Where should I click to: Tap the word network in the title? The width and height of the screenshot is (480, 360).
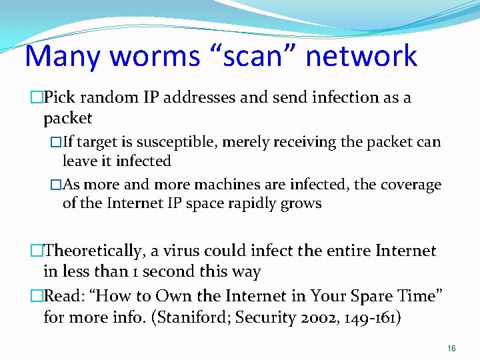click(x=361, y=56)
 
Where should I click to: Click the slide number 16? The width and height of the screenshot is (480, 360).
click(x=451, y=348)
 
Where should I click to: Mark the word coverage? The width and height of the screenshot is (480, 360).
click(x=409, y=185)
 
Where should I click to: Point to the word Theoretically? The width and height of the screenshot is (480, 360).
click(x=93, y=251)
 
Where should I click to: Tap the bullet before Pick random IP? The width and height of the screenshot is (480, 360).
click(x=36, y=98)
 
